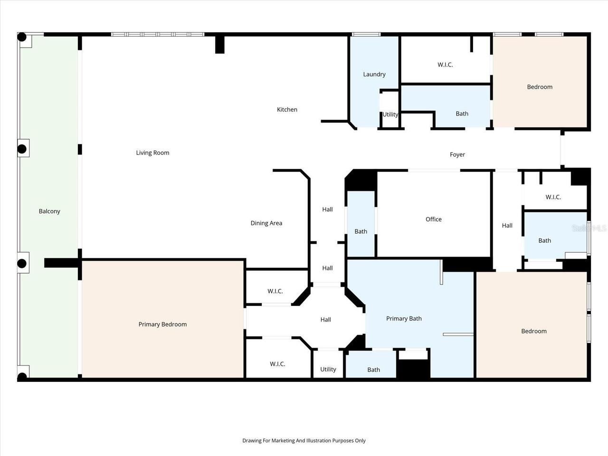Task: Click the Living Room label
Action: click(x=152, y=152)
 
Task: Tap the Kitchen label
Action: click(x=287, y=109)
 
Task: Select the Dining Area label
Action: click(x=266, y=223)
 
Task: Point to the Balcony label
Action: click(x=49, y=211)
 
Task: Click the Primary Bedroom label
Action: click(x=162, y=324)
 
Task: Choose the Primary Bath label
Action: click(x=404, y=318)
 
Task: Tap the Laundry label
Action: click(x=374, y=74)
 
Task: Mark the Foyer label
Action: click(x=457, y=154)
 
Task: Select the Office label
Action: click(x=433, y=219)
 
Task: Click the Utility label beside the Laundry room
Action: click(x=390, y=114)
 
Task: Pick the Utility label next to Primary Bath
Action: click(x=328, y=369)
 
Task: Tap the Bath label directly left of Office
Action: click(x=361, y=231)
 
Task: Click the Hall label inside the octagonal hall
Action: click(x=325, y=320)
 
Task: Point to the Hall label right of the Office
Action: click(x=507, y=226)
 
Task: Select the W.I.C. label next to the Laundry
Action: click(x=445, y=65)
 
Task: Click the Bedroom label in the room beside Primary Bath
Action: click(x=533, y=331)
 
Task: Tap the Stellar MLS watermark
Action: click(x=589, y=228)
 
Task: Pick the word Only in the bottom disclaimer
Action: click(x=360, y=440)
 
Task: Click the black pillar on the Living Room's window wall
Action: click(x=219, y=44)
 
